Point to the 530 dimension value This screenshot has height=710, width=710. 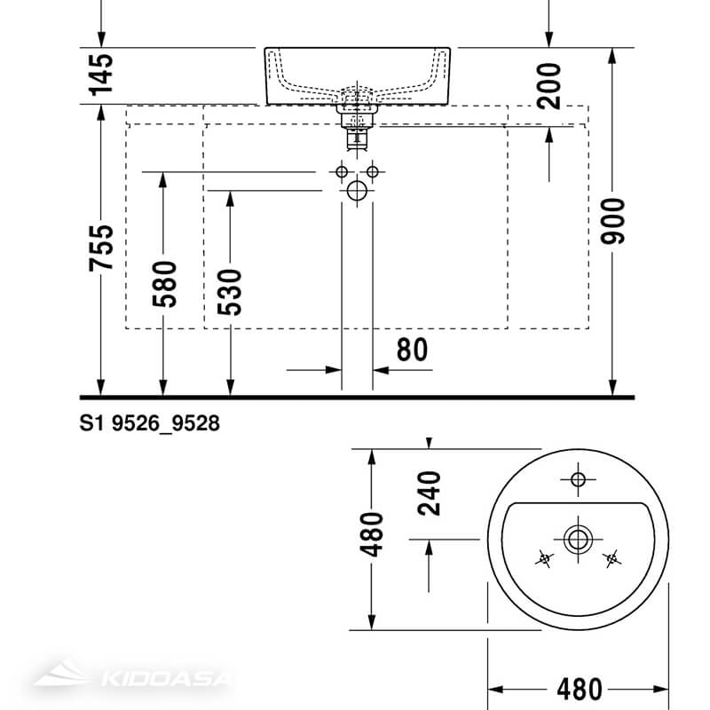(x=230, y=291)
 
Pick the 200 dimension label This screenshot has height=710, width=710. (x=549, y=85)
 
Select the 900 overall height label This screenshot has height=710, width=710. (x=614, y=222)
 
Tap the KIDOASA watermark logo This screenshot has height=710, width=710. (x=133, y=680)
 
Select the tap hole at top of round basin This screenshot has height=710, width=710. (x=578, y=480)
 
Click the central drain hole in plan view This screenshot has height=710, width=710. (x=578, y=537)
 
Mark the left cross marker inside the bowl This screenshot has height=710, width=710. (x=545, y=558)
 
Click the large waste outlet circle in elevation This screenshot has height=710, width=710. (x=357, y=190)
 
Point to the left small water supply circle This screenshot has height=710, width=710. (x=341, y=170)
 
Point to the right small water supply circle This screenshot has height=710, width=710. (x=373, y=170)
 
